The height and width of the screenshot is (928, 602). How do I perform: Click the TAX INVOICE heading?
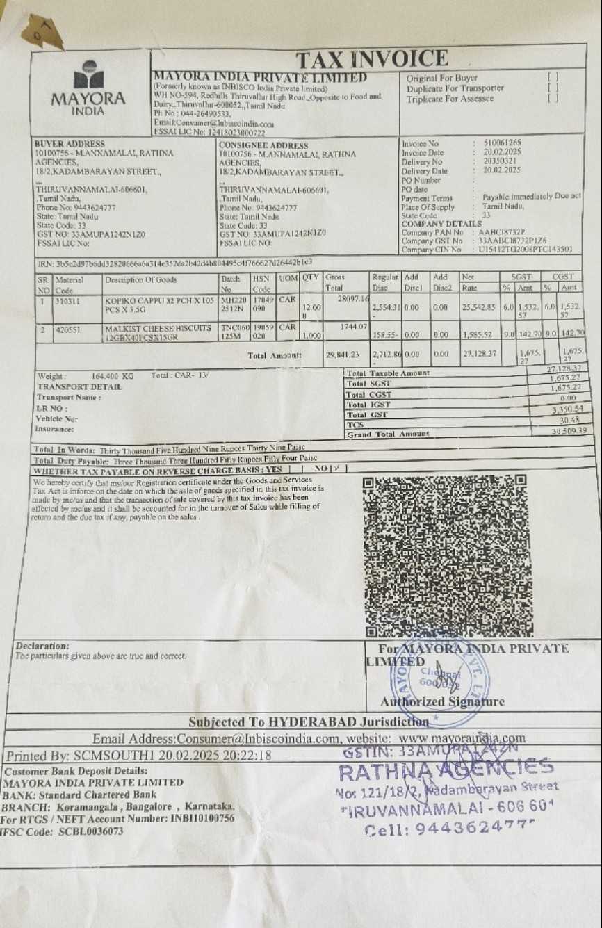click(x=372, y=60)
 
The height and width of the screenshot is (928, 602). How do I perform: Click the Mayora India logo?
click(x=88, y=88)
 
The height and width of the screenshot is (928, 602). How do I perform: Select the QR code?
click(x=445, y=555)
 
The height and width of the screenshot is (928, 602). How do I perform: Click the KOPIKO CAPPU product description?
click(x=158, y=305)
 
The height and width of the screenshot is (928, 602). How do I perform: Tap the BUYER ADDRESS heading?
click(x=70, y=144)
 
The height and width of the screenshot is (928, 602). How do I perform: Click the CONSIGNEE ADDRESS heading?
click(x=263, y=145)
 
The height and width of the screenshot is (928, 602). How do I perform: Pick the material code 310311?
click(x=67, y=302)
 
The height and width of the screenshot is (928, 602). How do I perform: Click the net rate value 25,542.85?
click(x=478, y=307)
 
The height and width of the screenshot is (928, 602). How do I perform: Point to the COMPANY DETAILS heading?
click(x=441, y=224)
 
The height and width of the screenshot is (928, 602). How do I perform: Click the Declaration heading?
click(x=42, y=646)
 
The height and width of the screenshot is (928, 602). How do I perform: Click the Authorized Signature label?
click(x=442, y=701)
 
